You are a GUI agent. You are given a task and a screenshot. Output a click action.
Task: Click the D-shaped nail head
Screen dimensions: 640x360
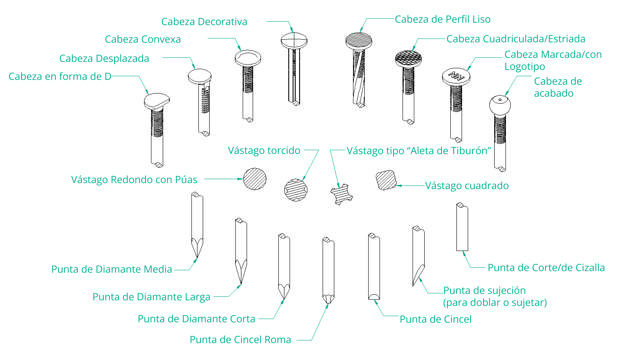pos(157,100)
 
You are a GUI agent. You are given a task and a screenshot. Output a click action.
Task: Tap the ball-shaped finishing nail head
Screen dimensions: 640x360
pos(500,105)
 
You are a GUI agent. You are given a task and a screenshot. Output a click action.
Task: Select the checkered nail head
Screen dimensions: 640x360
pos(408,59)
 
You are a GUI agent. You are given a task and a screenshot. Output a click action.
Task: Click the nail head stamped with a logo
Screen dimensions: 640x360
pos(456,77)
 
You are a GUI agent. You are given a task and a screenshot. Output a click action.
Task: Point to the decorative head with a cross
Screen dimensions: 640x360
pos(294,41)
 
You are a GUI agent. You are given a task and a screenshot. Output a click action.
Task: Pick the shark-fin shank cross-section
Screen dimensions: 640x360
pos(342,194)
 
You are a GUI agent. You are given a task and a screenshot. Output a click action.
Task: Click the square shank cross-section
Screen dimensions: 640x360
pos(386,180)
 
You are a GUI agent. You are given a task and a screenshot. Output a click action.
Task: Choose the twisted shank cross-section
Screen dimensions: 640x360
pos(296,190)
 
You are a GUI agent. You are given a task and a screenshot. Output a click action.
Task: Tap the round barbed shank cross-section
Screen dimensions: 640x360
pos(255,179)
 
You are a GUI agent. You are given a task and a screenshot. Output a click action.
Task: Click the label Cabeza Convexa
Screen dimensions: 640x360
pos(142,39)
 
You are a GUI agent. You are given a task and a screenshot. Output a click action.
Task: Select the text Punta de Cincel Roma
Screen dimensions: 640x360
pos(240,340)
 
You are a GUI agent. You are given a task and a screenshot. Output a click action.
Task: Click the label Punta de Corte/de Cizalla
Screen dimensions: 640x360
pos(546,268)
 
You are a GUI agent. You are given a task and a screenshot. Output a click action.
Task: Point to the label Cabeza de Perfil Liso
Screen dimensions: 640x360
pos(442,19)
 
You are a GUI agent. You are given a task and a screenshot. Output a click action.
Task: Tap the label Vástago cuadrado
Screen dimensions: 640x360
pos(467,186)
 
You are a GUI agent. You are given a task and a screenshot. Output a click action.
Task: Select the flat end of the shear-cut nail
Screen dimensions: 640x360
pos(462,250)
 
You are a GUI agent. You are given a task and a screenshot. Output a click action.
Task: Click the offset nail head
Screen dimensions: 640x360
pos(200,77)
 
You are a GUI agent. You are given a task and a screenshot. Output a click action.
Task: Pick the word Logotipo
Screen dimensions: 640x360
pos(524,67)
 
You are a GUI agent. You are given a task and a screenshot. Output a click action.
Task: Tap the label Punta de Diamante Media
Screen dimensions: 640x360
pos(111,269)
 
